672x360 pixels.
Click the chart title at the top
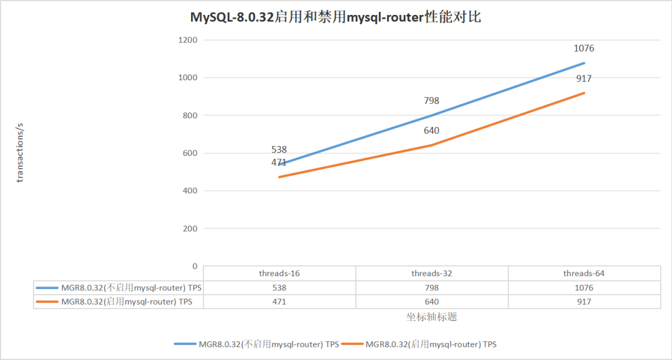pos(335,17)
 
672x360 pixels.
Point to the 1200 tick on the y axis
pos(187,40)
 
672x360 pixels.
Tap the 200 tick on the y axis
pos(190,229)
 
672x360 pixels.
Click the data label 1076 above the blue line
pos(584,48)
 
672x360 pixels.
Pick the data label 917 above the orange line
pos(584,78)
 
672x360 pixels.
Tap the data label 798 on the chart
pos(432,100)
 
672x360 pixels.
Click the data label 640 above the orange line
pos(432,131)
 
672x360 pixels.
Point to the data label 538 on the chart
pos(279,150)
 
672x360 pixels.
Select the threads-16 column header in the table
pos(279,274)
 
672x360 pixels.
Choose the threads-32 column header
pos(432,274)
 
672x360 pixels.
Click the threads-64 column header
pos(584,274)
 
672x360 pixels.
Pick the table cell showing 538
pos(279,288)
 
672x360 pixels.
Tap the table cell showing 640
pos(432,302)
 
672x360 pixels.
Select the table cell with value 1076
pos(584,288)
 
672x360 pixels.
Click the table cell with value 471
pos(279,302)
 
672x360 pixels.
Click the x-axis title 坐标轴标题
pos(432,317)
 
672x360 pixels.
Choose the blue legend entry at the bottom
pos(257,344)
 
